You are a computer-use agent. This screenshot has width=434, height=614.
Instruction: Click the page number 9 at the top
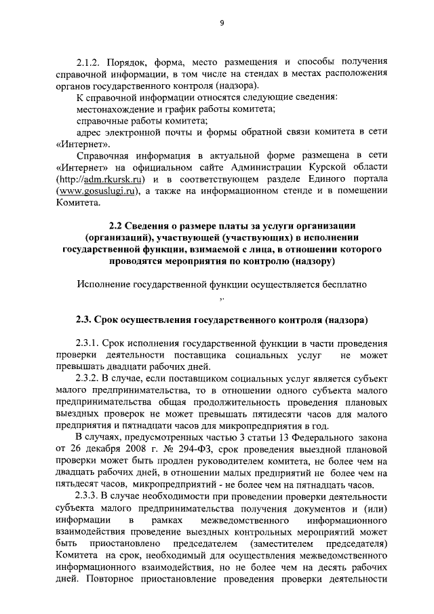(222, 23)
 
